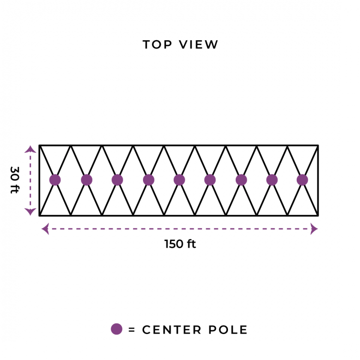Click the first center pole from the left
(55, 180)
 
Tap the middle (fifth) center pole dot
(180, 180)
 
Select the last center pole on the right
(302, 180)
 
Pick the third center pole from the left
(117, 180)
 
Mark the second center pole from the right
(272, 180)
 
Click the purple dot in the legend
(117, 329)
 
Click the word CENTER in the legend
(172, 330)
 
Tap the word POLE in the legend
(228, 330)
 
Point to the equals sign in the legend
(132, 330)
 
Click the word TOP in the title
(157, 45)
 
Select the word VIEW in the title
(198, 45)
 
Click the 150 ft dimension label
(180, 244)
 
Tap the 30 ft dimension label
(15, 180)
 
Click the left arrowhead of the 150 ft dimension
(45, 228)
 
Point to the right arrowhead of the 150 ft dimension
(314, 228)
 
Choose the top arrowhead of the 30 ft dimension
(30, 149)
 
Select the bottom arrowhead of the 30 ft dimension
(30, 212)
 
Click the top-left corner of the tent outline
(39, 145)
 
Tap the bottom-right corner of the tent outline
(318, 216)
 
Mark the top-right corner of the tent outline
(318, 145)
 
